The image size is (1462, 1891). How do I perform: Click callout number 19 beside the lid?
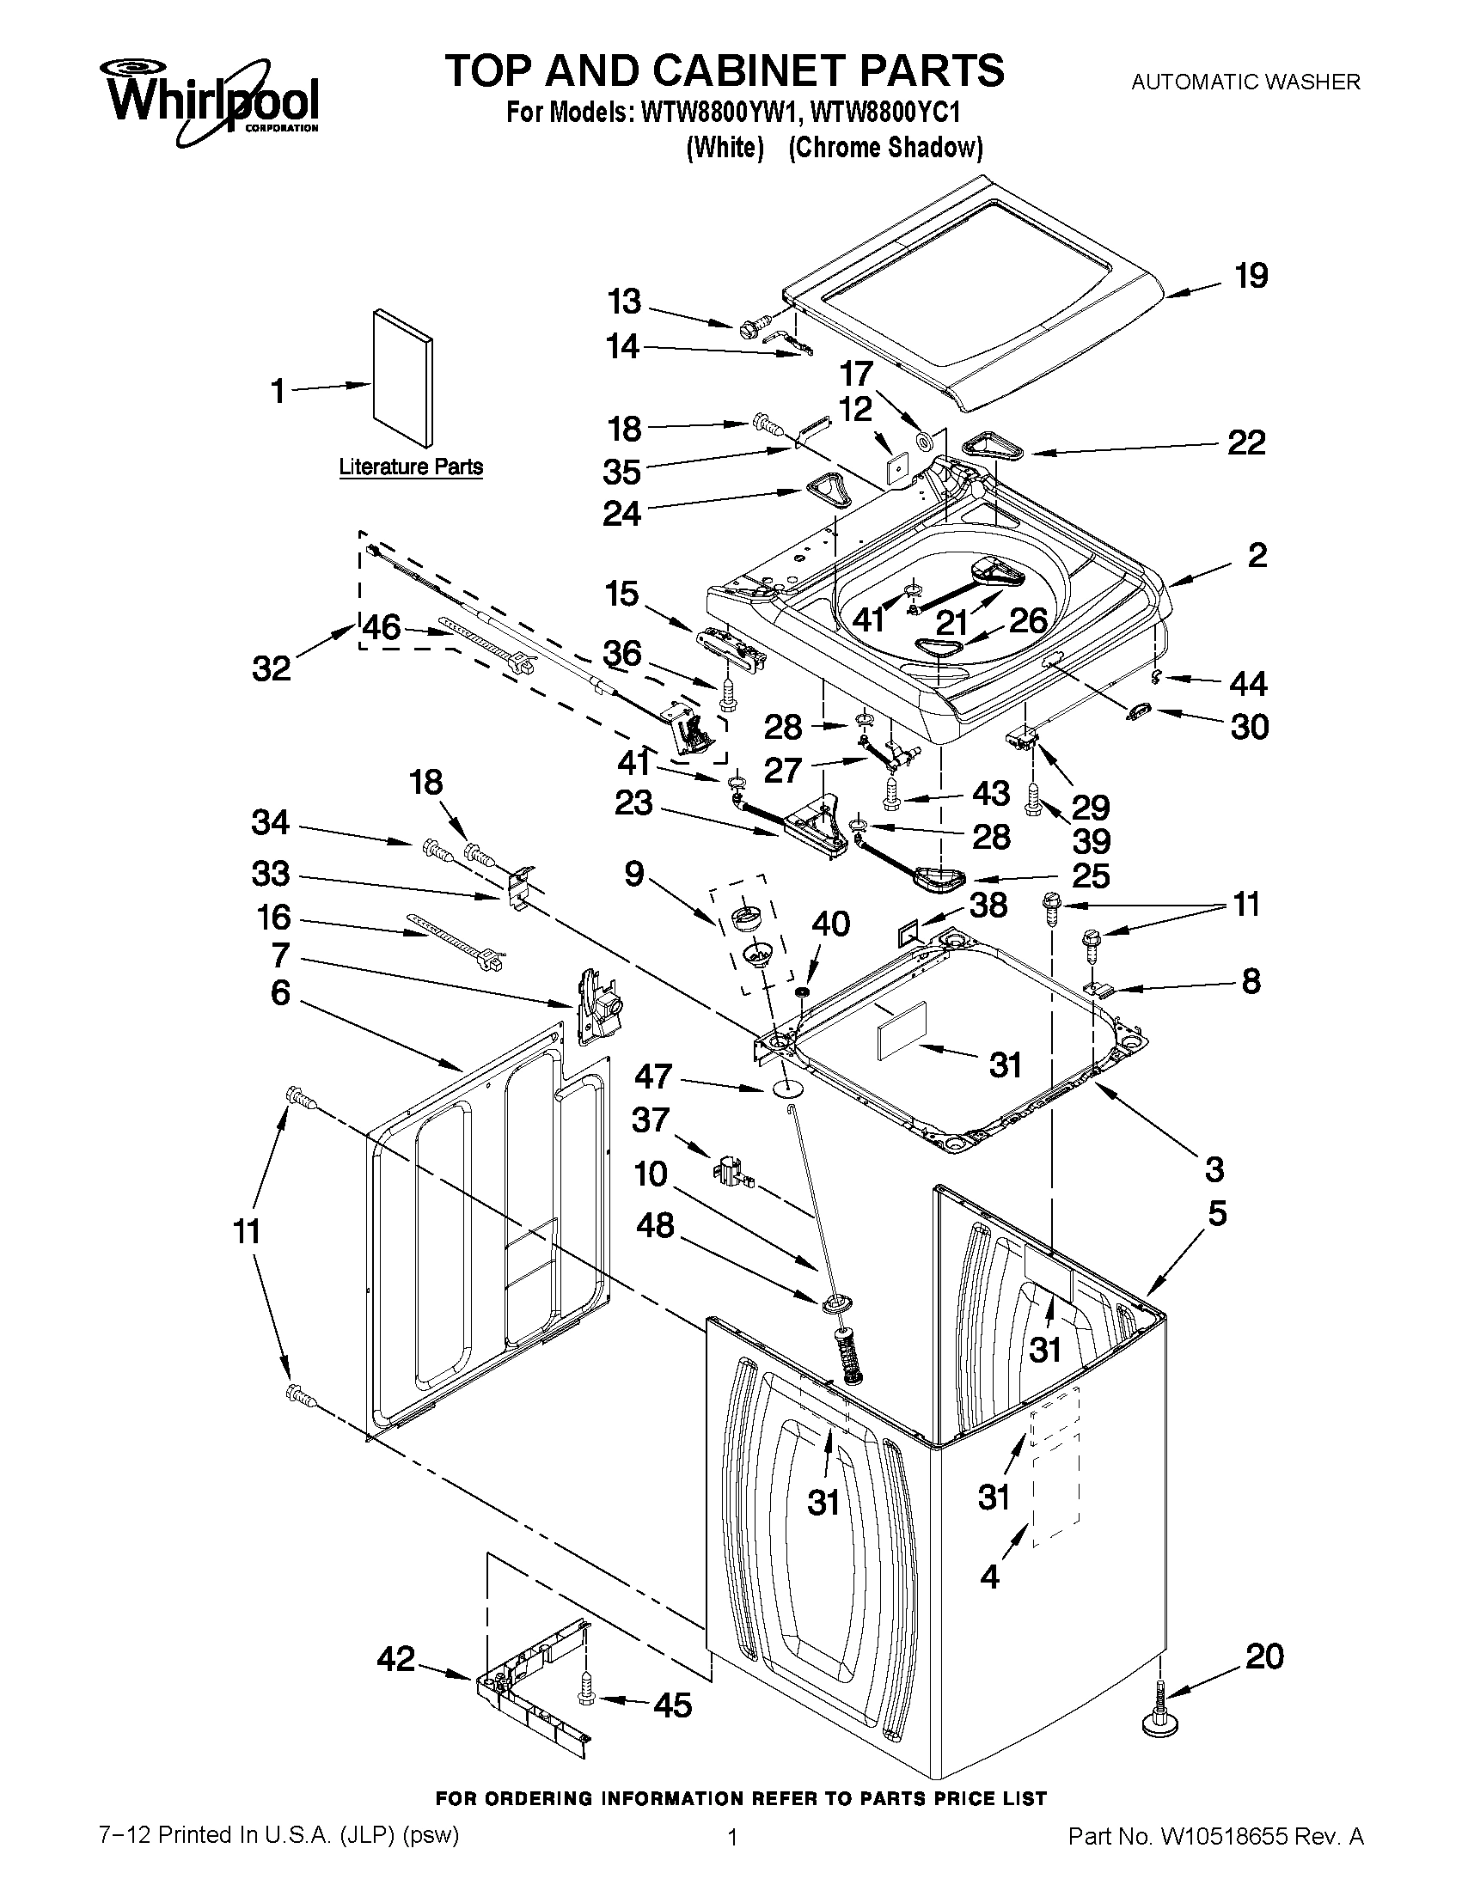(1251, 275)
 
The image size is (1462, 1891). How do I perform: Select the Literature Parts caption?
(411, 467)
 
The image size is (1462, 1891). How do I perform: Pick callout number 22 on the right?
(1246, 443)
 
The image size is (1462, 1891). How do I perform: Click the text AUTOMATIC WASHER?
(1245, 82)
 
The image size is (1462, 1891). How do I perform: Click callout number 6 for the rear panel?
(280, 992)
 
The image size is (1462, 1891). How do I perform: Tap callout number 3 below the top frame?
(1214, 1169)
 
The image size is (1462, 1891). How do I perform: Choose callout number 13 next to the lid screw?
(624, 302)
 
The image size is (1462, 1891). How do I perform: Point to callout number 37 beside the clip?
(651, 1119)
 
